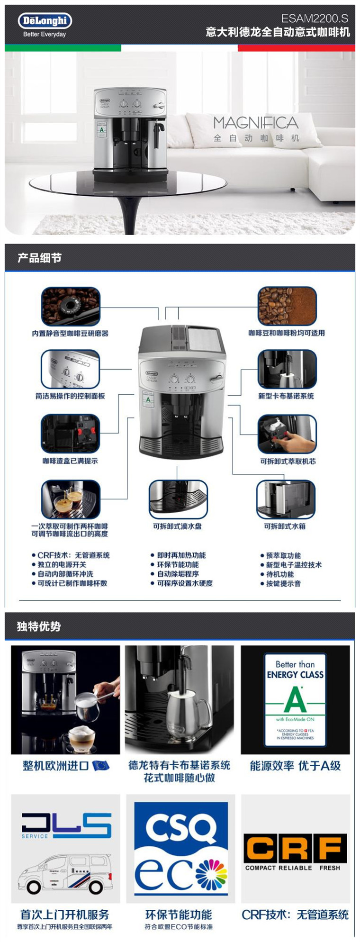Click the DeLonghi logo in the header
[x=45, y=21]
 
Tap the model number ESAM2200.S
[x=315, y=18]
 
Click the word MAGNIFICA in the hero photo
[x=255, y=123]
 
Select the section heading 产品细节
[x=39, y=258]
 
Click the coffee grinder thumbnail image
[x=71, y=306]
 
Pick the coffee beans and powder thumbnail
[x=287, y=306]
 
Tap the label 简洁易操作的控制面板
[x=70, y=396]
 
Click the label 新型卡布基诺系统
[x=286, y=396]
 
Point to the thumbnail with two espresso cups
[x=71, y=499]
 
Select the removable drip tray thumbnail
[x=178, y=499]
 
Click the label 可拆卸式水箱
[x=285, y=526]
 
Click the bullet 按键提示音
[x=283, y=584]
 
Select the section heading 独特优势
[x=39, y=626]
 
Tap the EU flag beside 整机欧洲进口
[x=100, y=766]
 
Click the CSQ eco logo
[x=180, y=848]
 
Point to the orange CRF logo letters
[x=295, y=848]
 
